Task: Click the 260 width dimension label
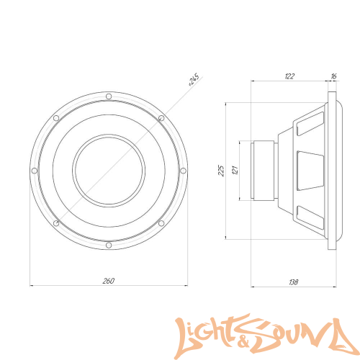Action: (108, 280)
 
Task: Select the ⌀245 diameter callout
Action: (194, 80)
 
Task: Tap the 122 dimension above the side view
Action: (289, 75)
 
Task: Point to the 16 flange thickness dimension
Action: (333, 75)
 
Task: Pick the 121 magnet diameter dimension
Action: (234, 170)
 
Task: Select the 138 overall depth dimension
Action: (292, 282)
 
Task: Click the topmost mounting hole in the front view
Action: (107, 95)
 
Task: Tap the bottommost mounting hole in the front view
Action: (107, 246)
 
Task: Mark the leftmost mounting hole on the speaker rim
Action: (32, 171)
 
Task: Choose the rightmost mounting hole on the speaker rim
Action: (183, 171)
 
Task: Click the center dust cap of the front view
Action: (107, 171)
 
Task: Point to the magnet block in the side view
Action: (262, 171)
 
